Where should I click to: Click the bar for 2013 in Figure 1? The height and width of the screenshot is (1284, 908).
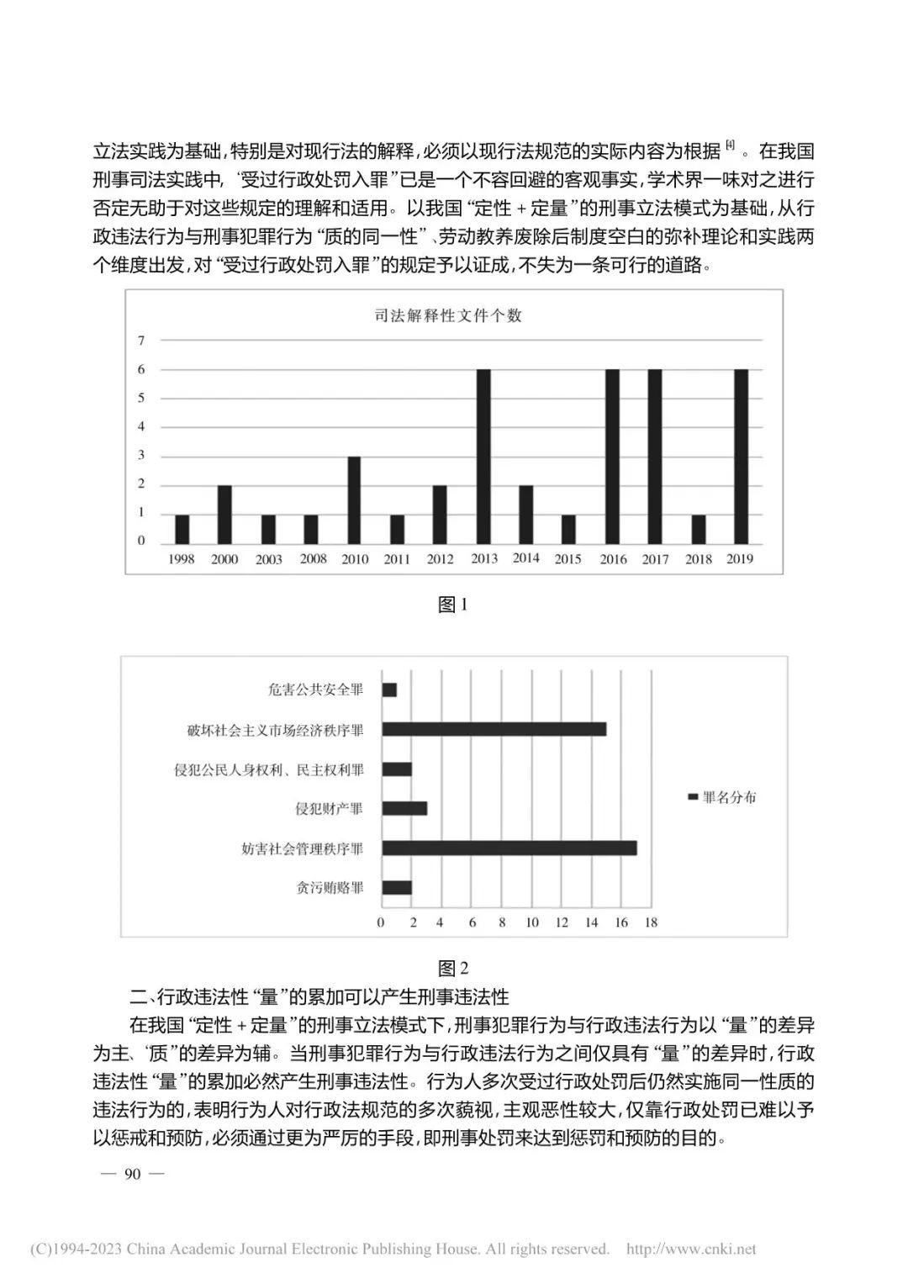pos(483,457)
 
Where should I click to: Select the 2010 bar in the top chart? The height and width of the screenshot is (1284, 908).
pos(354,500)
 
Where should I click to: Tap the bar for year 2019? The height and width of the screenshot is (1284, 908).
pos(741,457)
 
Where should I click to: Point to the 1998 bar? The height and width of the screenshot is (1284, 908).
pos(182,529)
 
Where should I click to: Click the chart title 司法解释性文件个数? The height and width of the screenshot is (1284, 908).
pos(448,315)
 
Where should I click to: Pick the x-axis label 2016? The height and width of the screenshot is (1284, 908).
pos(613,559)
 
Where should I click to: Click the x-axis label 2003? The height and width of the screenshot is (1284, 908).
pos(268,559)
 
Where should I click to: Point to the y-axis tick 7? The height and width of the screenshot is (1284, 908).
pos(141,341)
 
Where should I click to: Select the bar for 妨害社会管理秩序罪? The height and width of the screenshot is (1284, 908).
pos(509,848)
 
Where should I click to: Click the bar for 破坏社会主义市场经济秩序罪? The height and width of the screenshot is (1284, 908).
pos(494,729)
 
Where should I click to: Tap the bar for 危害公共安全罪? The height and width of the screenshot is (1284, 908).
pos(389,690)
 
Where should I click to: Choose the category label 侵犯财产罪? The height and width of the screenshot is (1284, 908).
pos(329,809)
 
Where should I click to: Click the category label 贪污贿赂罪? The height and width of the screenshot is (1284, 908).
pos(330,888)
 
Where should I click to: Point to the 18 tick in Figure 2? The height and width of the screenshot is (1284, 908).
pos(651,922)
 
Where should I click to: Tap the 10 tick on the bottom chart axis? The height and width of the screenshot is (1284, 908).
pos(531,922)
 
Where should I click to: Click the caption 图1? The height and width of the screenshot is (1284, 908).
pos(453,605)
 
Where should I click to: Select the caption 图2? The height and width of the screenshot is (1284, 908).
pos(453,968)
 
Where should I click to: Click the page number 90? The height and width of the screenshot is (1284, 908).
pos(132,1174)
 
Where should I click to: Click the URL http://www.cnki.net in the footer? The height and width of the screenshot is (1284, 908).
pos(691,1249)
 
